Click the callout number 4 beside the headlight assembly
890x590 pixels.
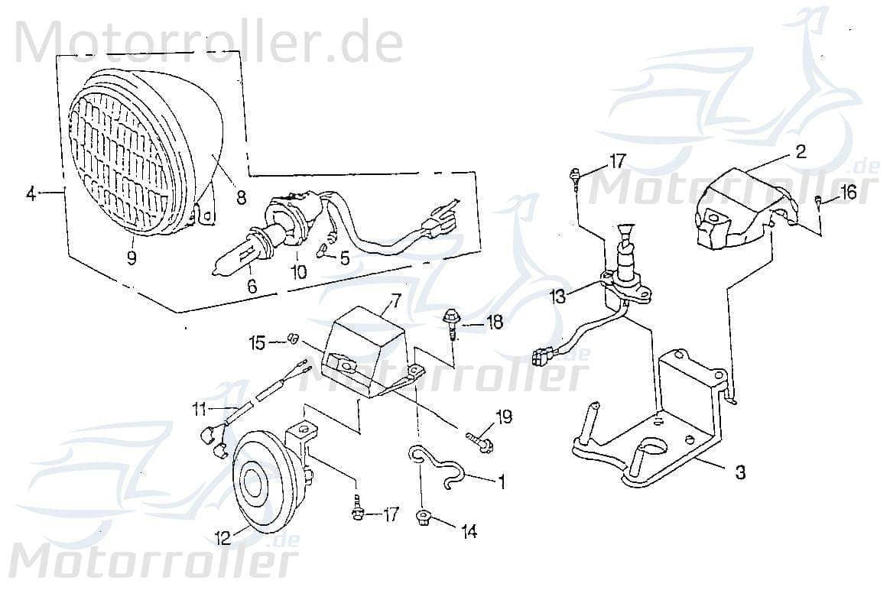point(31,194)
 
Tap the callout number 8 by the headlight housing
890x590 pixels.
point(241,197)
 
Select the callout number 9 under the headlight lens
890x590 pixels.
point(132,258)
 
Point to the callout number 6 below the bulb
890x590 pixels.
point(252,286)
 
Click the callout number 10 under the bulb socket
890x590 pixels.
point(297,271)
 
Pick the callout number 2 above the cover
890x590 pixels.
point(800,151)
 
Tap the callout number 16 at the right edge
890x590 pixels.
point(848,193)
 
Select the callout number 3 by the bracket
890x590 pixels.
point(739,473)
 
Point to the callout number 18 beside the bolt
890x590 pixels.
point(495,323)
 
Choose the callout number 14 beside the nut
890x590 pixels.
point(468,530)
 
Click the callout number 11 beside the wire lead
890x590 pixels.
point(201,411)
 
